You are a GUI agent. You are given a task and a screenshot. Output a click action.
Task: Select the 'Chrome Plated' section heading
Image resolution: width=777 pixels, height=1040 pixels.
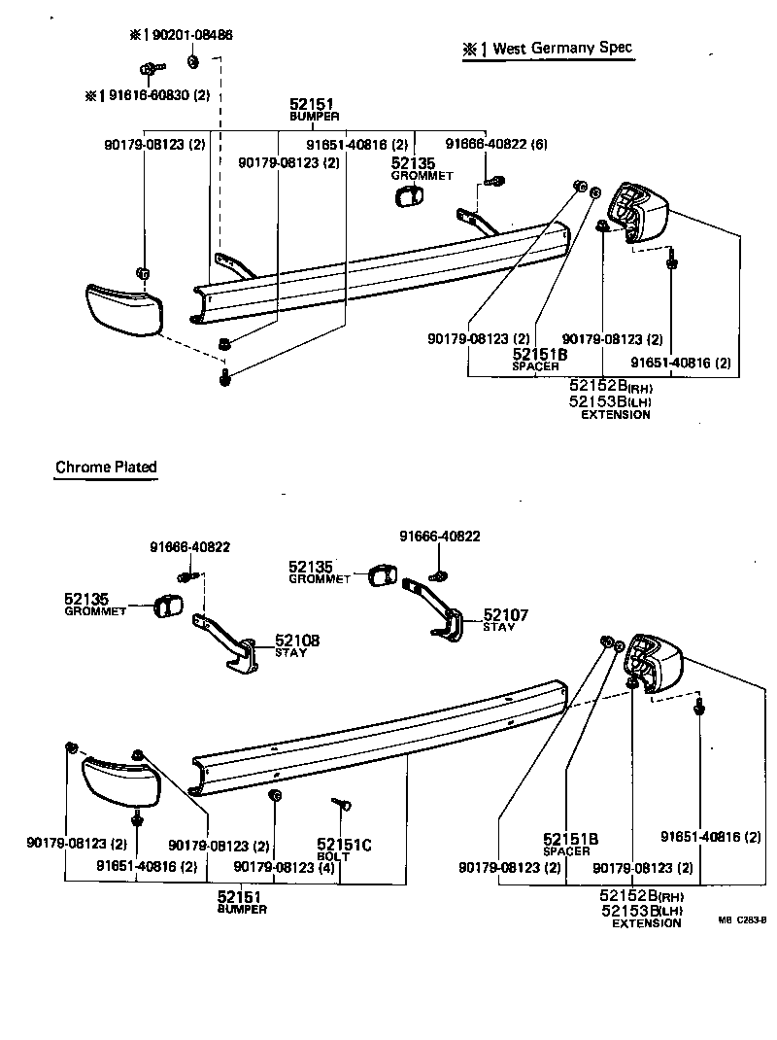pos(106,468)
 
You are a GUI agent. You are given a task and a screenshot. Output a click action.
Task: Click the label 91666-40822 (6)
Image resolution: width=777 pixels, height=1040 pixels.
pos(496,144)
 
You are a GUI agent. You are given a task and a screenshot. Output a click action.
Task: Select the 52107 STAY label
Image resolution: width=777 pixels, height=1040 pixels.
pos(506,620)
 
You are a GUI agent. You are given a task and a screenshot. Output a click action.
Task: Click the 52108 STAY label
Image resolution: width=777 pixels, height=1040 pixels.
pos(296,645)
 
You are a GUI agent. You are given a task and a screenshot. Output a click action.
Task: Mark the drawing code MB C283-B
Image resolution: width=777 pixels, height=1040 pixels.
pos(743,919)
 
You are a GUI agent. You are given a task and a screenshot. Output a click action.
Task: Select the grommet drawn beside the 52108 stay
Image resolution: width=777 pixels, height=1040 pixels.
pos(170,607)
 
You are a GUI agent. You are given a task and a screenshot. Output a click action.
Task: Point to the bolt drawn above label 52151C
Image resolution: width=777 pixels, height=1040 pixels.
pos(340,803)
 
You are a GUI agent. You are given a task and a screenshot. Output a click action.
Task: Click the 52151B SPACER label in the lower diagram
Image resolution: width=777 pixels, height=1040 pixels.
pos(570,844)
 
